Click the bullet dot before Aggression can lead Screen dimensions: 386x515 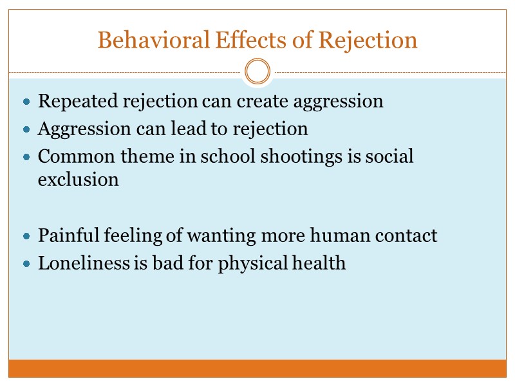point(26,130)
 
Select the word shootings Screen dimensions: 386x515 point(293,157)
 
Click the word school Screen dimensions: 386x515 point(231,157)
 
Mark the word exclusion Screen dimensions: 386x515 point(78,179)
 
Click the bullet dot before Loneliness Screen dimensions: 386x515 point(26,264)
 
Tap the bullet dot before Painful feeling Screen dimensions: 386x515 point(26,237)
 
